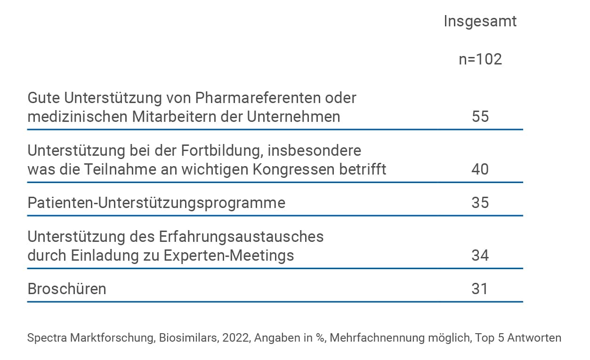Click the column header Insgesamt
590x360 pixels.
tap(480, 21)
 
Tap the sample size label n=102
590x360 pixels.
tap(480, 59)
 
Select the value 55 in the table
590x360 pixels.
tap(480, 116)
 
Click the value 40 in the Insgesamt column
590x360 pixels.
tap(480, 169)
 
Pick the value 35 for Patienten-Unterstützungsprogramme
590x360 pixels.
tap(480, 202)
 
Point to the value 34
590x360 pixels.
tap(480, 255)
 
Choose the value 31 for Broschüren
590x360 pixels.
tap(480, 288)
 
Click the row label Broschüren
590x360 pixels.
tap(67, 288)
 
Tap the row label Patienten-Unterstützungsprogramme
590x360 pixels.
tap(156, 202)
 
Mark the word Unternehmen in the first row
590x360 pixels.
tap(294, 117)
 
